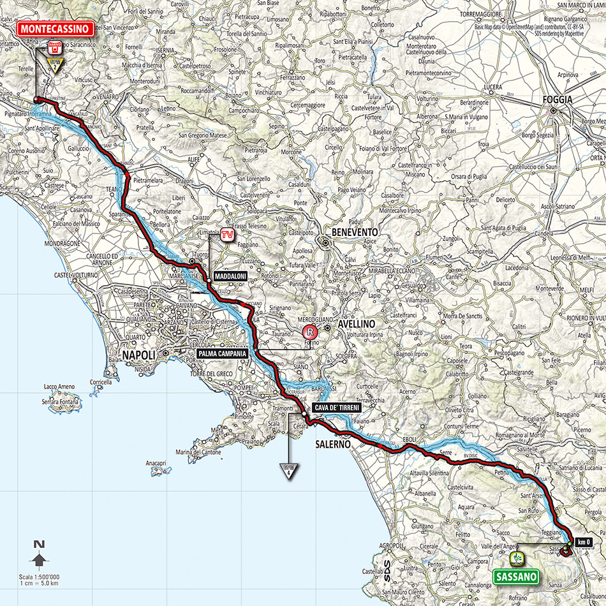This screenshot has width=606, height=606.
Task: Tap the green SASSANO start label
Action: click(x=516, y=577)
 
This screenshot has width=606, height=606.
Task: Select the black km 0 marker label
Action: click(x=582, y=542)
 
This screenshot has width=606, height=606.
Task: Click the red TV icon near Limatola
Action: click(x=225, y=235)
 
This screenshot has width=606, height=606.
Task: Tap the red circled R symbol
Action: click(x=309, y=332)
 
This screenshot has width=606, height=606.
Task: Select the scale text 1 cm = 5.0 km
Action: click(x=44, y=582)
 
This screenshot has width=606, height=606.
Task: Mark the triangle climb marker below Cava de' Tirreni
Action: click(x=288, y=472)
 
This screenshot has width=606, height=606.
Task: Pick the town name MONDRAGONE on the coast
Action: click(x=26, y=244)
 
